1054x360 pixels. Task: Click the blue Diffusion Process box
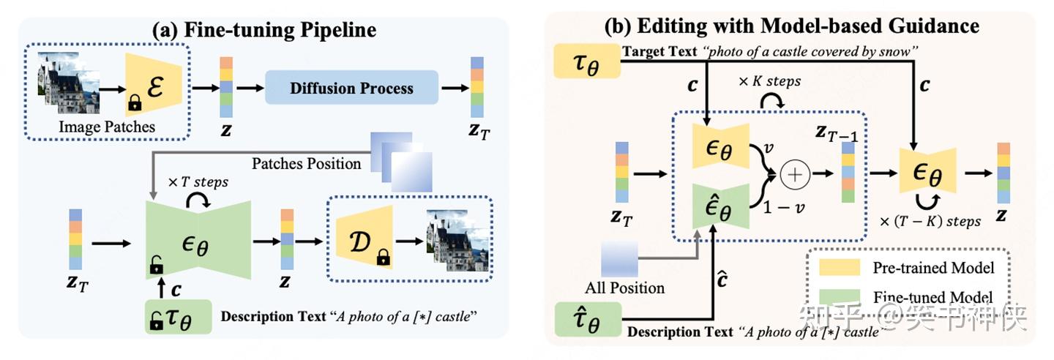pyautogui.click(x=351, y=89)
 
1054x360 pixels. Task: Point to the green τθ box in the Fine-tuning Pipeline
pyautogui.click(x=178, y=318)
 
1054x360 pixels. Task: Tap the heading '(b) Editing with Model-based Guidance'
pyautogui.click(x=791, y=26)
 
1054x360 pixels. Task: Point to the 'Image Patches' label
pyautogui.click(x=108, y=127)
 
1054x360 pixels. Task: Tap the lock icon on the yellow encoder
pyautogui.click(x=134, y=105)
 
